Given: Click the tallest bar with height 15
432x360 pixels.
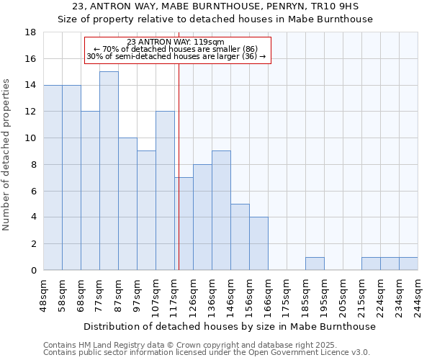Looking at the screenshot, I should [109, 171].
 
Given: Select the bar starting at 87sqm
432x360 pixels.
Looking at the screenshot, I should [127, 204].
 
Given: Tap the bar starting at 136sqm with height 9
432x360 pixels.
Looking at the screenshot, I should [221, 210].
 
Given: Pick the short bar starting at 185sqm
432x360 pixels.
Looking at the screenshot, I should [315, 264].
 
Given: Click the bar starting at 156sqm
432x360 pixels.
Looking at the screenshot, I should [258, 243].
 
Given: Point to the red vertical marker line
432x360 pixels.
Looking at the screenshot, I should [179, 166].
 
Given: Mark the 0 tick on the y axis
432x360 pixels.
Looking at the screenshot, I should [33, 271].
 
